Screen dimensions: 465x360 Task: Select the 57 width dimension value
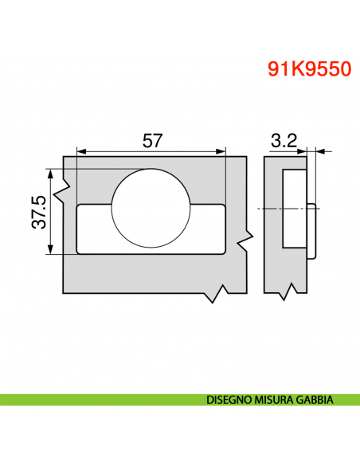pos(152,140)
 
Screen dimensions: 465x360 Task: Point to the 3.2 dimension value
pos(284,140)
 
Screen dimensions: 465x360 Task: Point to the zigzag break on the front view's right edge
pos(249,239)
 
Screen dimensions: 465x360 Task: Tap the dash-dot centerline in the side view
pos(271,209)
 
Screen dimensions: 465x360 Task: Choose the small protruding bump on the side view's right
pos(313,231)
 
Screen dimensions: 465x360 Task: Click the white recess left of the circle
pos(94,229)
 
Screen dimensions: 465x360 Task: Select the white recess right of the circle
pos(209,229)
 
